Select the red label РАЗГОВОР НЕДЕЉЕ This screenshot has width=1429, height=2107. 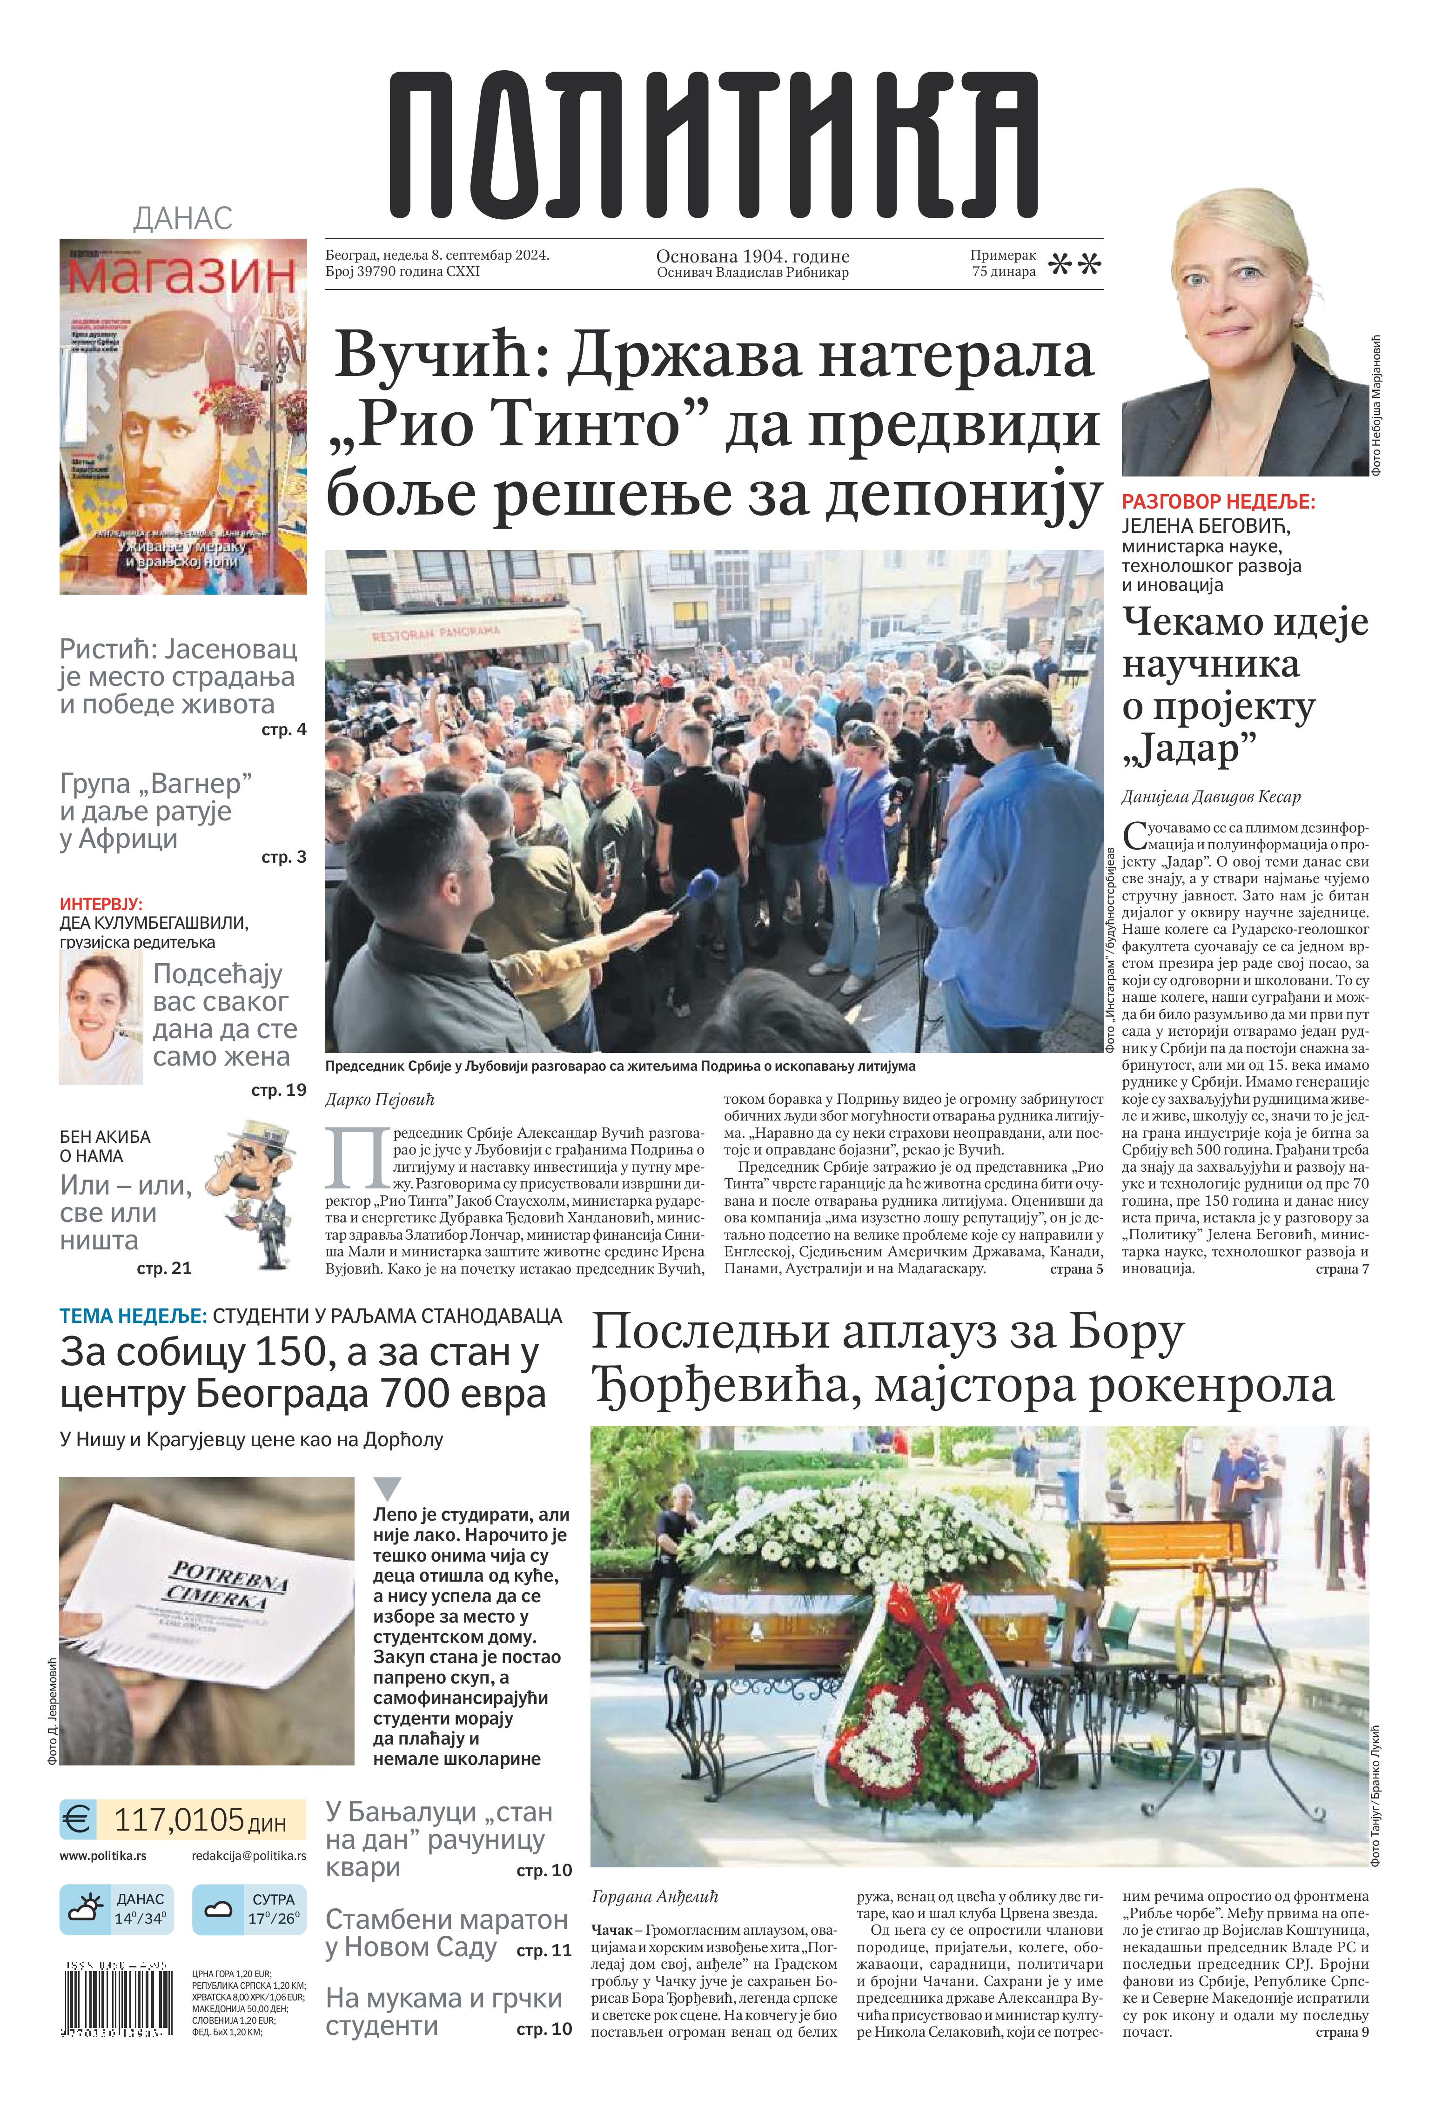click(1218, 501)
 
